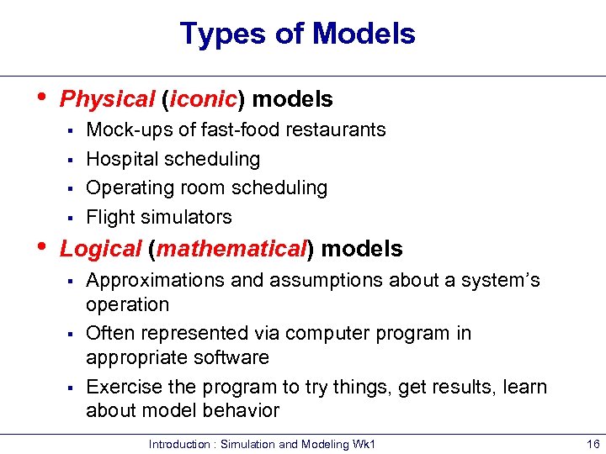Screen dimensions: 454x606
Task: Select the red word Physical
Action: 108,99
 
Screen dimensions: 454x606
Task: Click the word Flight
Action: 108,217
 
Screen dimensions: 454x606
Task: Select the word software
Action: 231,357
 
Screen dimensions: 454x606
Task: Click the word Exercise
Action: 120,388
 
